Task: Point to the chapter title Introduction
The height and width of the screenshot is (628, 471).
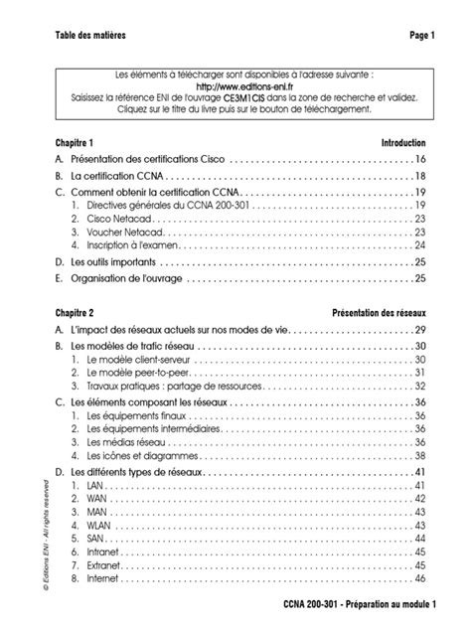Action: tap(403, 142)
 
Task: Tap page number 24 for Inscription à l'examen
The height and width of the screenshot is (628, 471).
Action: tap(420, 245)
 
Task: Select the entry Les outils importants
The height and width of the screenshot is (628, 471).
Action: tap(113, 262)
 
